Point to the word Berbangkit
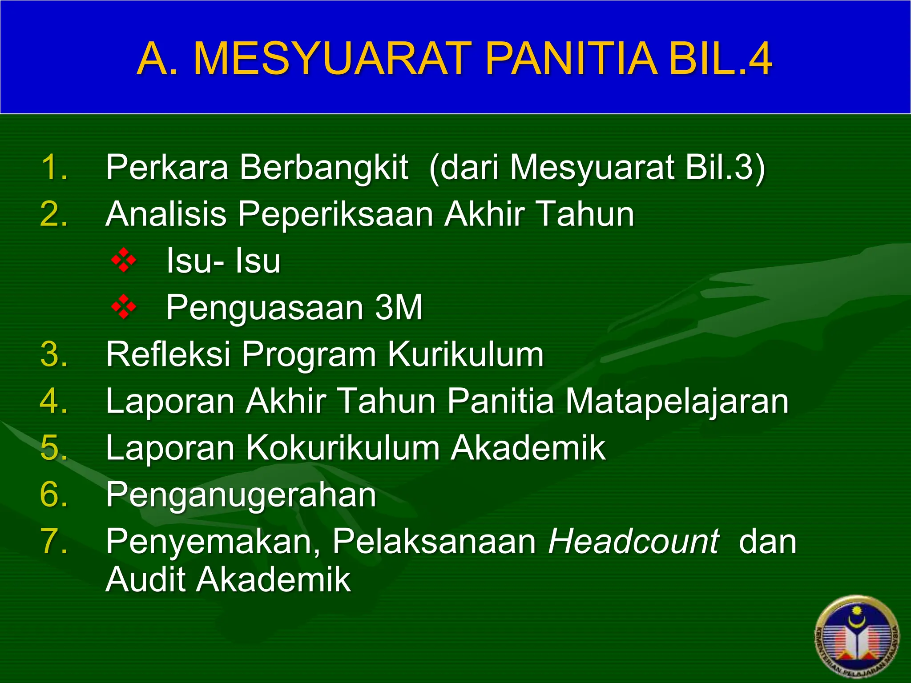pos(324,167)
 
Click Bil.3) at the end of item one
pos(725,167)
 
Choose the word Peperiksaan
pos(336,214)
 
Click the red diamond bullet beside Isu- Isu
pos(124,261)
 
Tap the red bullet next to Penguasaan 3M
pos(124,307)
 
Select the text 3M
pos(398,307)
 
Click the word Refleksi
pos(169,354)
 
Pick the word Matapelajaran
pos(677,401)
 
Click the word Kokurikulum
pos(343,448)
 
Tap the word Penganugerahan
pos(241,494)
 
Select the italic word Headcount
pos(633,542)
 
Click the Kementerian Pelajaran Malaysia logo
pos(857,638)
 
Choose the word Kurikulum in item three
pos(466,354)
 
